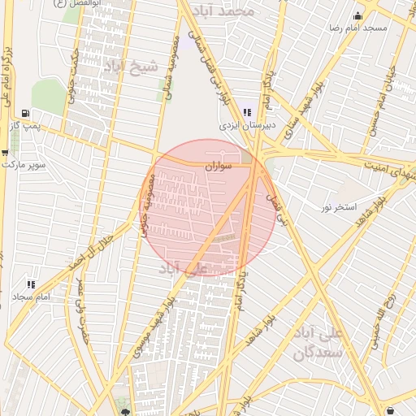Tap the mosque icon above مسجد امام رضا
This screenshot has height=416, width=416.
pos(357,15)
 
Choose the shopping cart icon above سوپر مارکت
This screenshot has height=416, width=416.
pos(4,152)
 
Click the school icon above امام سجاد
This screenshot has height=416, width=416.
pos(31,284)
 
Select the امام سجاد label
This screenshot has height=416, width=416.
pos(32,297)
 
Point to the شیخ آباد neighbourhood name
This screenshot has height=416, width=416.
pos(131,68)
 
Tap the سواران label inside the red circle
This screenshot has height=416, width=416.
pos(219,166)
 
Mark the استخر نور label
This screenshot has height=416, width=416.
pos(338,208)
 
